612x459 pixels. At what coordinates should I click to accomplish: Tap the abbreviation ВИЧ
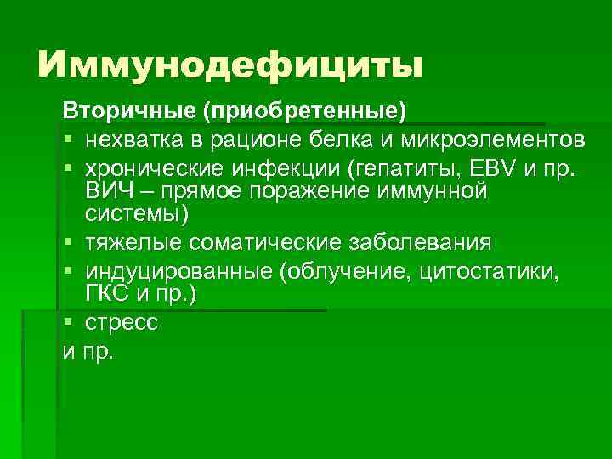(x=105, y=190)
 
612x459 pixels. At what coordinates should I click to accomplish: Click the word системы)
(x=131, y=213)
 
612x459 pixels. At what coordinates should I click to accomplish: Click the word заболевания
(x=419, y=242)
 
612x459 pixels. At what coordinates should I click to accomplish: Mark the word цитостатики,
(x=485, y=271)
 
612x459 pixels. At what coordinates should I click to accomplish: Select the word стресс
(x=122, y=323)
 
